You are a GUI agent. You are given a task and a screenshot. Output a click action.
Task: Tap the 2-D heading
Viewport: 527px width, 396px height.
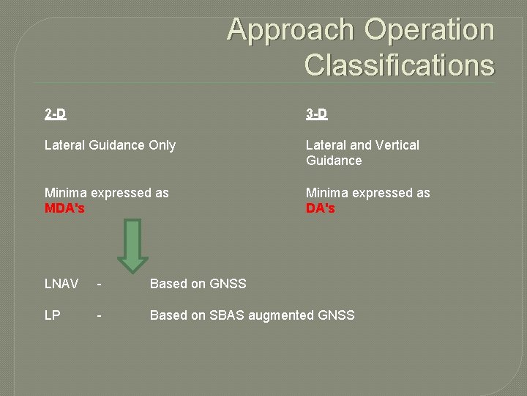pyautogui.click(x=55, y=114)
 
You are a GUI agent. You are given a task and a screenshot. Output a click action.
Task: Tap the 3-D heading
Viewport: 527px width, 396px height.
pyautogui.click(x=316, y=114)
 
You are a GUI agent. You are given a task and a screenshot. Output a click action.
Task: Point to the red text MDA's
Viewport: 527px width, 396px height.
pyautogui.click(x=64, y=208)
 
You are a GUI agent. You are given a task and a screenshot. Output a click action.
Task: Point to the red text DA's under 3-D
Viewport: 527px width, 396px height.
pyautogui.click(x=321, y=208)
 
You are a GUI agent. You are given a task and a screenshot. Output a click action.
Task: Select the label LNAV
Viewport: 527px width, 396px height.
pyautogui.click(x=61, y=284)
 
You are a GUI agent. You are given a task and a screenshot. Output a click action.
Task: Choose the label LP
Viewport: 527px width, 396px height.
pyautogui.click(x=52, y=315)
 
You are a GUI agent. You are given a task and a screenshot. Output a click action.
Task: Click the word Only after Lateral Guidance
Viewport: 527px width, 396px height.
pyautogui.click(x=162, y=145)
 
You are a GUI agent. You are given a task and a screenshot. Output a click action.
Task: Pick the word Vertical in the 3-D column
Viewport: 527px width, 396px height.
pyautogui.click(x=397, y=145)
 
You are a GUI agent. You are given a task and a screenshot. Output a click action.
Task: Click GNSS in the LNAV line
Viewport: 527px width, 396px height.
pyautogui.click(x=228, y=284)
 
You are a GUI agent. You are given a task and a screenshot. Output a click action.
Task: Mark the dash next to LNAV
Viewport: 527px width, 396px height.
pyautogui.click(x=99, y=284)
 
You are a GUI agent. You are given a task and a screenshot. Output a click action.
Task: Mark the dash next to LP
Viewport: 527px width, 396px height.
pyautogui.click(x=99, y=315)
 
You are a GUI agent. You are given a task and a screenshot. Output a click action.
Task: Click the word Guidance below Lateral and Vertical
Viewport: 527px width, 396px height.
pyautogui.click(x=334, y=160)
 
